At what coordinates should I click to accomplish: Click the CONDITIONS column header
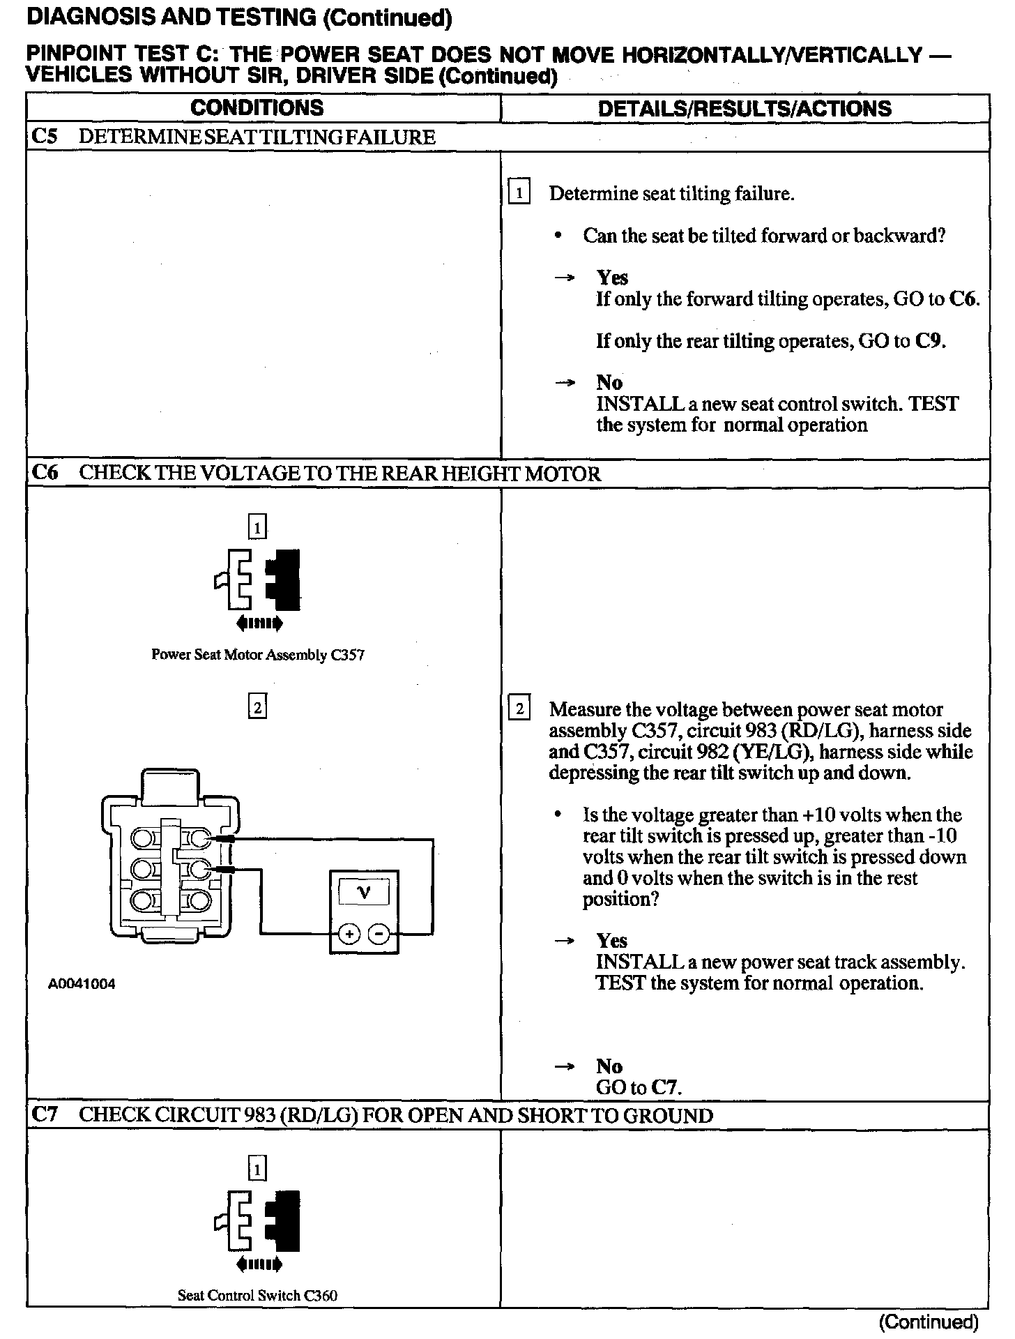click(257, 107)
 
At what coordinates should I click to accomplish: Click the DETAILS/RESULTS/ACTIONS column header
click(745, 108)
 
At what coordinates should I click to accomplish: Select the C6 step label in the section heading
click(44, 473)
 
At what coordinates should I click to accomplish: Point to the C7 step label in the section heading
click(44, 1114)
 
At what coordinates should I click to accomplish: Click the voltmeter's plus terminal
click(349, 933)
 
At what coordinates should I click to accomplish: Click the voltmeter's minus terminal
click(379, 933)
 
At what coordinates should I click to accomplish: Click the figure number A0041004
click(82, 984)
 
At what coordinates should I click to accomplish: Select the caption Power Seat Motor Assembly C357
click(257, 655)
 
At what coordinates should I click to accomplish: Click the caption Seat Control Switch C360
click(257, 1295)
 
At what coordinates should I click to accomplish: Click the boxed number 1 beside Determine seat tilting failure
click(519, 192)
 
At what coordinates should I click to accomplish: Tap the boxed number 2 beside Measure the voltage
click(519, 709)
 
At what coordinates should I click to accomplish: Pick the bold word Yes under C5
click(612, 278)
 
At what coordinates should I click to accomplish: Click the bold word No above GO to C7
click(609, 1066)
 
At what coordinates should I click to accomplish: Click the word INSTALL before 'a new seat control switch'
click(630, 404)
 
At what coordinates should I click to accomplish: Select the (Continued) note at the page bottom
click(929, 1322)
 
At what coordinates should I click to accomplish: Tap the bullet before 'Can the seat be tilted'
click(557, 236)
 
